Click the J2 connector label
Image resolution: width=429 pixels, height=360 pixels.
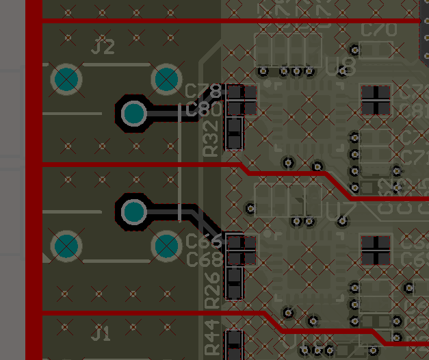click(x=103, y=47)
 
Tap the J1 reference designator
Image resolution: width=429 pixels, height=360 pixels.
click(x=101, y=333)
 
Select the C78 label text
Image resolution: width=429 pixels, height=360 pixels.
click(x=203, y=91)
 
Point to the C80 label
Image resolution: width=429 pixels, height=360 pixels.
click(x=203, y=109)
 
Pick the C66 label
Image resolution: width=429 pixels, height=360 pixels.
click(x=204, y=241)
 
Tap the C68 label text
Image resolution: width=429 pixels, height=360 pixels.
click(x=204, y=259)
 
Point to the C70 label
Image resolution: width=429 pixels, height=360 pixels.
click(x=379, y=30)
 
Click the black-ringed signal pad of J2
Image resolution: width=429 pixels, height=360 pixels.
click(x=134, y=113)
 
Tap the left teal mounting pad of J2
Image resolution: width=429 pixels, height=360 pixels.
click(x=66, y=80)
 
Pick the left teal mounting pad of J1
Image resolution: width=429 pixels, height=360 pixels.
click(x=66, y=246)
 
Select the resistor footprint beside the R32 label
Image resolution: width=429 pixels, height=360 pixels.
click(x=235, y=133)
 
